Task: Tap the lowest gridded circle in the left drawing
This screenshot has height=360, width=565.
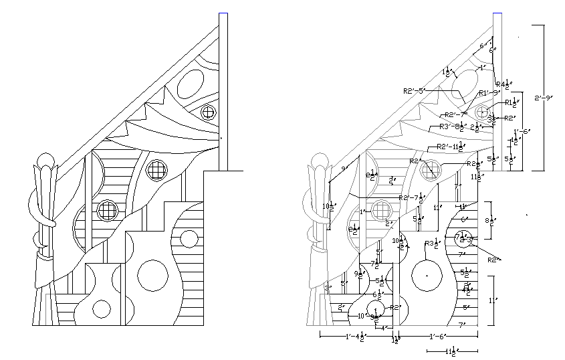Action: click(x=107, y=211)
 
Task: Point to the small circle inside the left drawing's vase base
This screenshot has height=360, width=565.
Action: click(x=102, y=308)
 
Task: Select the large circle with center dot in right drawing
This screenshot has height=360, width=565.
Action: click(x=425, y=275)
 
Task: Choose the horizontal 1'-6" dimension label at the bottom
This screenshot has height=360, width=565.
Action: click(x=438, y=336)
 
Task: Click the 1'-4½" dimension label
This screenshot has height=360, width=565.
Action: click(x=355, y=336)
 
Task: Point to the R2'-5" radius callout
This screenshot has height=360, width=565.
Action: click(x=414, y=90)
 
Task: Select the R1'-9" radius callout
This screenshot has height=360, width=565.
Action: click(x=489, y=93)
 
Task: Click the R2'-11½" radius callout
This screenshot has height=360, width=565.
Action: click(x=449, y=147)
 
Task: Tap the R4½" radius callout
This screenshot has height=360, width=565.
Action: click(x=503, y=84)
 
